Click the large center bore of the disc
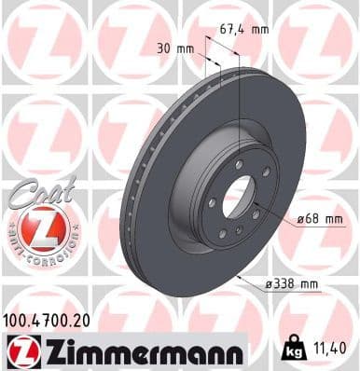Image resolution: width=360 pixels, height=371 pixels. coord(235,199)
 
